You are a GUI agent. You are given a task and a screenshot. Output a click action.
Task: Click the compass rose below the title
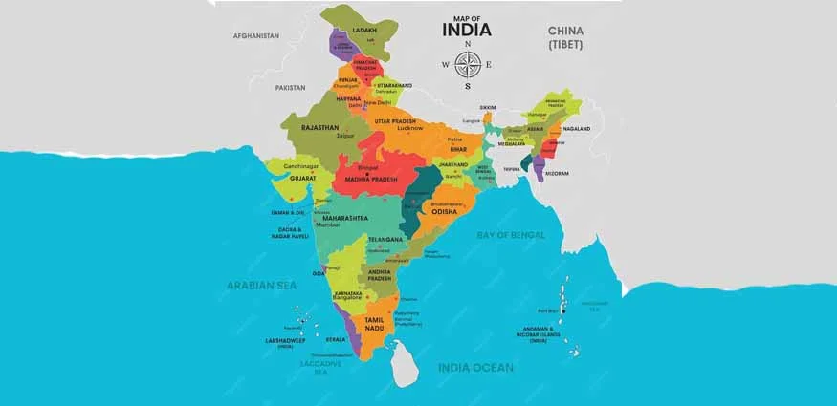[467, 64]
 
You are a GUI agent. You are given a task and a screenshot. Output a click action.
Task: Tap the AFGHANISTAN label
[256, 35]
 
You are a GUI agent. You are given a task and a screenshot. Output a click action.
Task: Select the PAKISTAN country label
[290, 87]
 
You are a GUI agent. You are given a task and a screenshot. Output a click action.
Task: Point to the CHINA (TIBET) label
[565, 37]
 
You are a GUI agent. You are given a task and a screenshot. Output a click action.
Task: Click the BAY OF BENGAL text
[511, 234]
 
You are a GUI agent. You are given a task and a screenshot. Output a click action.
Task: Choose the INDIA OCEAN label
[475, 367]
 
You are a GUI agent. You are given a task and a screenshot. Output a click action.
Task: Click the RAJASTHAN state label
[320, 127]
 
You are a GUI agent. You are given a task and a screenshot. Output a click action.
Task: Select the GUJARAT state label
[303, 179]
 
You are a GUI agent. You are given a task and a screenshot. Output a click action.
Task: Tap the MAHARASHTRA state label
[344, 218]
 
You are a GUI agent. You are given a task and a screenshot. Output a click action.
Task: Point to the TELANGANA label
[385, 238]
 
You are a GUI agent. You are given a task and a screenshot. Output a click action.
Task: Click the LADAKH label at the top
[364, 31]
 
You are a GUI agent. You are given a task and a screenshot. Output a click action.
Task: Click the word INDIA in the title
[467, 30]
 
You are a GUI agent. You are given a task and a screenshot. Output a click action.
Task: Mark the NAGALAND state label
[576, 129]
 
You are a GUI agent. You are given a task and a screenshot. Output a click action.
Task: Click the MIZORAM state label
[557, 173]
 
